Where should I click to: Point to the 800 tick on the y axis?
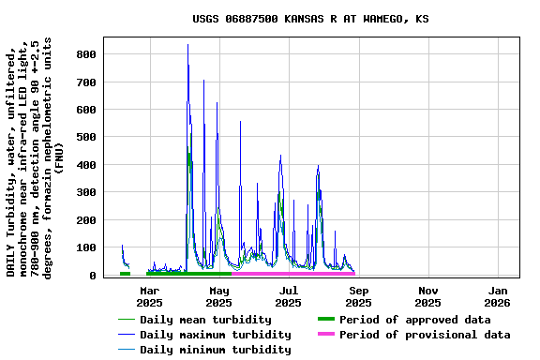(x=86, y=55)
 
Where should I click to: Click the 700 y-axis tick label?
(x=86, y=82)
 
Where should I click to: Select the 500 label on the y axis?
(x=86, y=138)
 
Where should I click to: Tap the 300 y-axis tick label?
(x=86, y=193)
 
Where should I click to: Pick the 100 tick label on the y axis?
(x=86, y=248)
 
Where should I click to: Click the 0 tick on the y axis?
(x=93, y=276)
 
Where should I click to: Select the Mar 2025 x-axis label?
(x=149, y=296)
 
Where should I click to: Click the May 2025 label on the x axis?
(x=218, y=296)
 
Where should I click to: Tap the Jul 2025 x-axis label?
(x=289, y=296)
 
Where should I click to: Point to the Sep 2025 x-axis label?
(x=358, y=296)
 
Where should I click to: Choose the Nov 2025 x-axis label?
(x=427, y=296)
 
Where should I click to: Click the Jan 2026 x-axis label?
(x=497, y=296)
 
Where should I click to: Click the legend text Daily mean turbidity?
(x=205, y=320)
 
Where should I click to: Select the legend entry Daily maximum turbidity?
(x=215, y=335)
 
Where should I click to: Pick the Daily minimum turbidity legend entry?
(x=215, y=350)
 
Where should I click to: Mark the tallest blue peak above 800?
(x=187, y=45)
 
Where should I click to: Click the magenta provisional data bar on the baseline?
(x=293, y=274)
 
